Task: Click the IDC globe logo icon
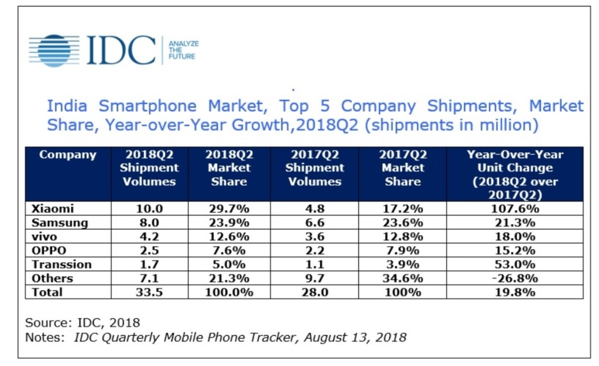[54, 50]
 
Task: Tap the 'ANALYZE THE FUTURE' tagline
[183, 50]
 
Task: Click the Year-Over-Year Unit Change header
[514, 174]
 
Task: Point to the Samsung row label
[60, 223]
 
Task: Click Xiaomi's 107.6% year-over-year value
[514, 209]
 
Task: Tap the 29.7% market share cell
[228, 209]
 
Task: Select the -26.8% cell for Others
[514, 279]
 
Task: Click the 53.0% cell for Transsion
[514, 265]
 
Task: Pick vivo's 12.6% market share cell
[228, 237]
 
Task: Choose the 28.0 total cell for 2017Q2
[314, 293]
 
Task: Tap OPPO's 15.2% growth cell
[514, 251]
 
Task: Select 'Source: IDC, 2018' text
[83, 322]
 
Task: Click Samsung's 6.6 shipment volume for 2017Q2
[314, 223]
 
